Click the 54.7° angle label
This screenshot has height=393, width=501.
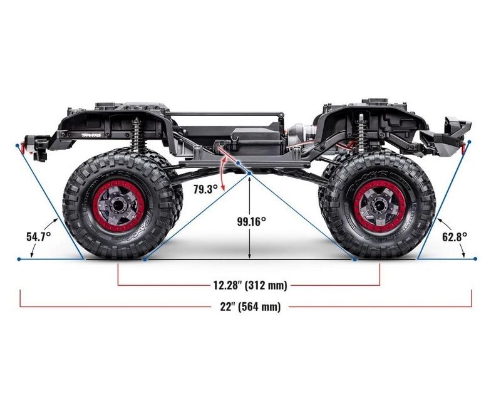coord(38,237)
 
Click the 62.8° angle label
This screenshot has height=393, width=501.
coord(455,237)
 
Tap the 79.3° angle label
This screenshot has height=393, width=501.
coord(205,189)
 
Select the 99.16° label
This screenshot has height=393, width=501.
coord(251,221)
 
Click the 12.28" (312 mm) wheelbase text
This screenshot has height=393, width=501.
coord(250,285)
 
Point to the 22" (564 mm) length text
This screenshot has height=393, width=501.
coord(250,307)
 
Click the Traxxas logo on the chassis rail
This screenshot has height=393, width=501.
coord(91,135)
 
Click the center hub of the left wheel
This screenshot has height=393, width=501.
coord(117,205)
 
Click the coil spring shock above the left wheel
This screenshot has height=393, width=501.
coord(138,134)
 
